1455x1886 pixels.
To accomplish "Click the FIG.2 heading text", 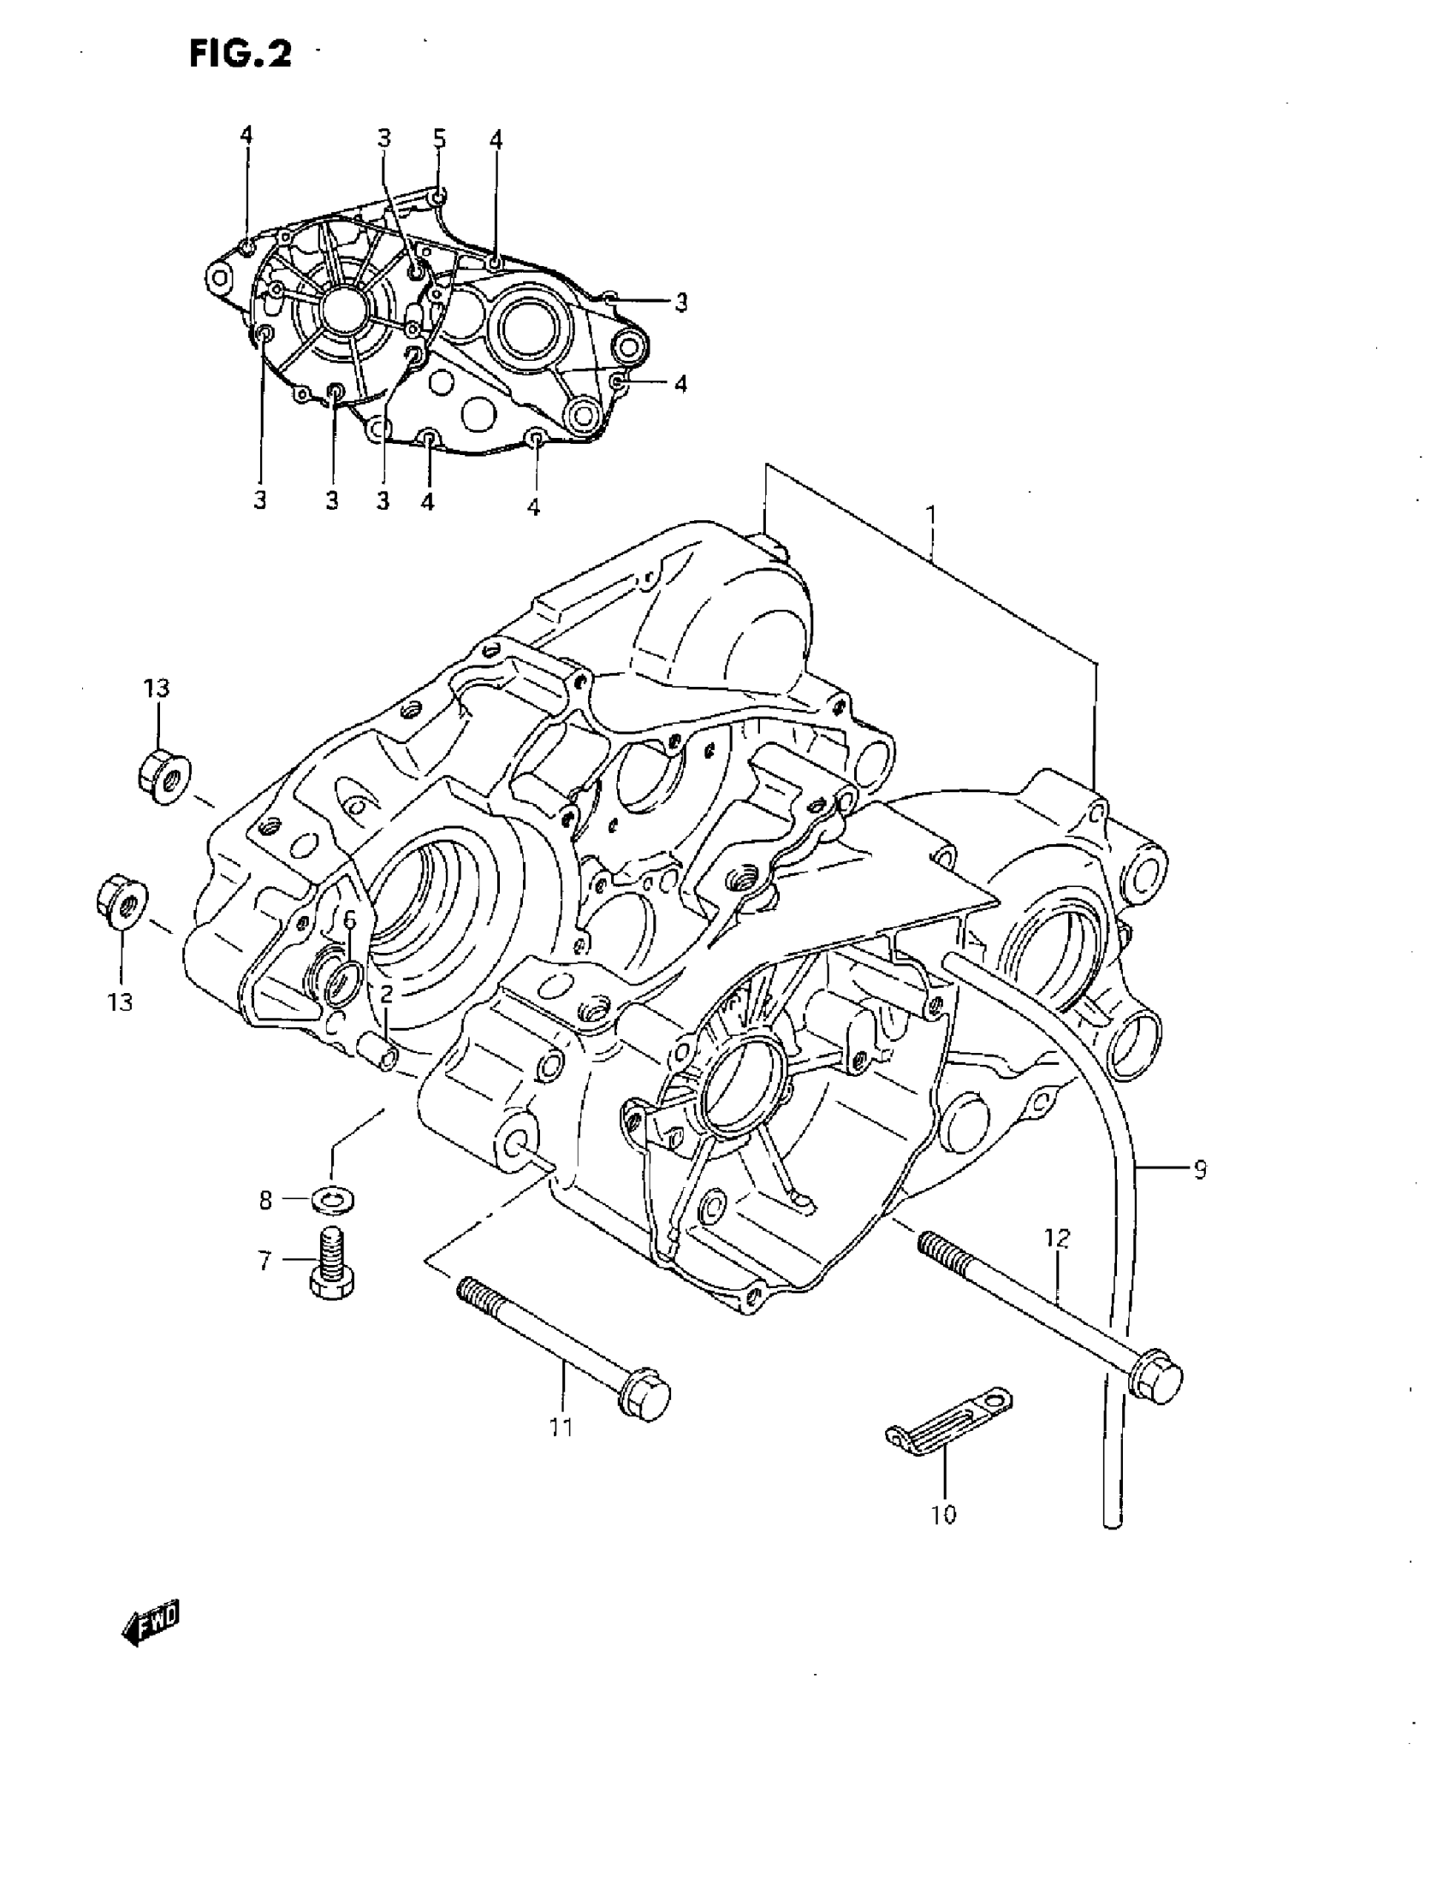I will (x=241, y=56).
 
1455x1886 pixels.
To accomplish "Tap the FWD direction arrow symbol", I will (x=152, y=1624).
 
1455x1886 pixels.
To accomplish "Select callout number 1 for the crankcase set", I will (x=930, y=517).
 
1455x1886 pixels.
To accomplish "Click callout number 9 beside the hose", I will (x=1199, y=1170).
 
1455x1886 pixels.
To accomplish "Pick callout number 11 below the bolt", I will (x=561, y=1427).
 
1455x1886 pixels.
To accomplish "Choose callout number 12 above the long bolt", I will (x=1057, y=1239).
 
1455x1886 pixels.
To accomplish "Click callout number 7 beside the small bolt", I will (x=265, y=1261).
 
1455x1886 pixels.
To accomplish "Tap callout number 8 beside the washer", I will (x=265, y=1199).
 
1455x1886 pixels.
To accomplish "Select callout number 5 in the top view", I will (x=440, y=139).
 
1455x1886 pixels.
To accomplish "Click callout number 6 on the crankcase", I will (x=350, y=920).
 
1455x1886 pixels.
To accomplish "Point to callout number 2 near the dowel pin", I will (x=385, y=993).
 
